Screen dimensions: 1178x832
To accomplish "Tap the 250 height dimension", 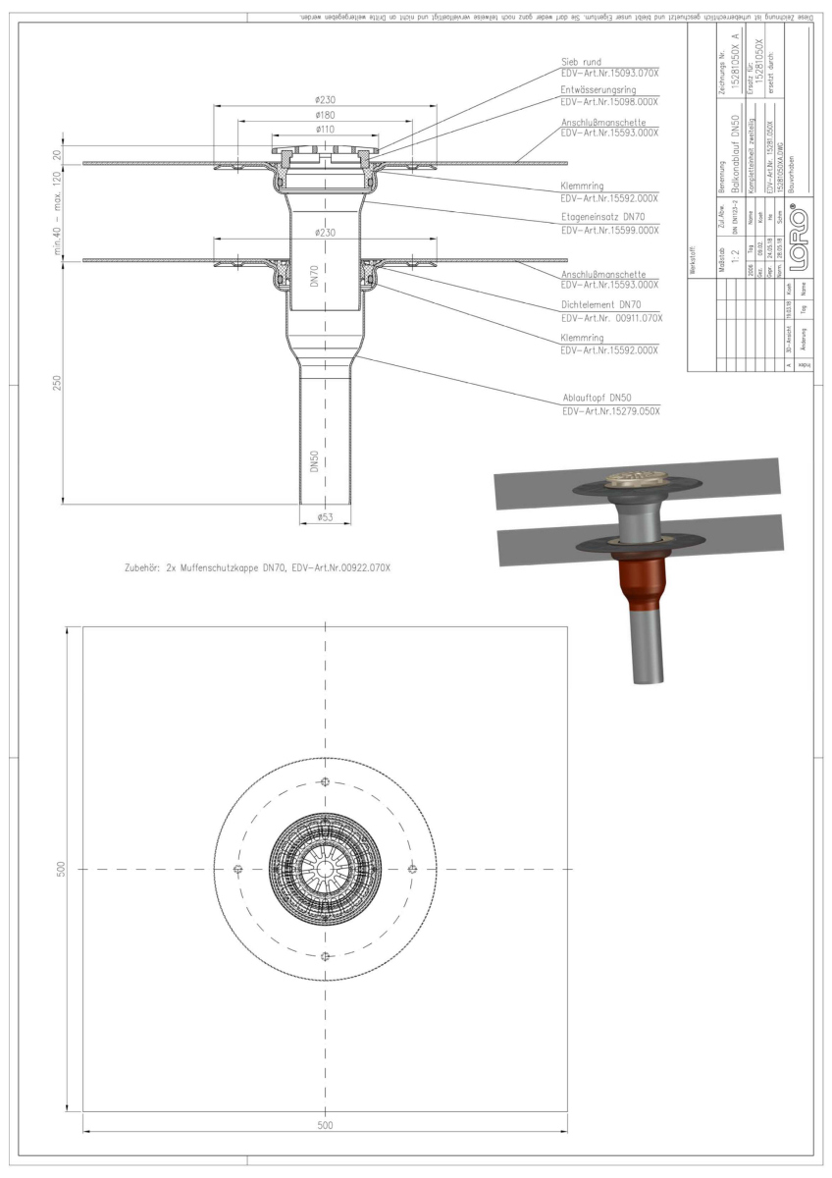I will (x=58, y=383).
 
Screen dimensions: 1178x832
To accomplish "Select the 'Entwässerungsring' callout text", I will (x=598, y=88).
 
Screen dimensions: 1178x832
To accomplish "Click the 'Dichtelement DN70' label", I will (x=600, y=304).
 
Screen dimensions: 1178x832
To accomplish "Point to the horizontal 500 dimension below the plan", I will (x=326, y=1125).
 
